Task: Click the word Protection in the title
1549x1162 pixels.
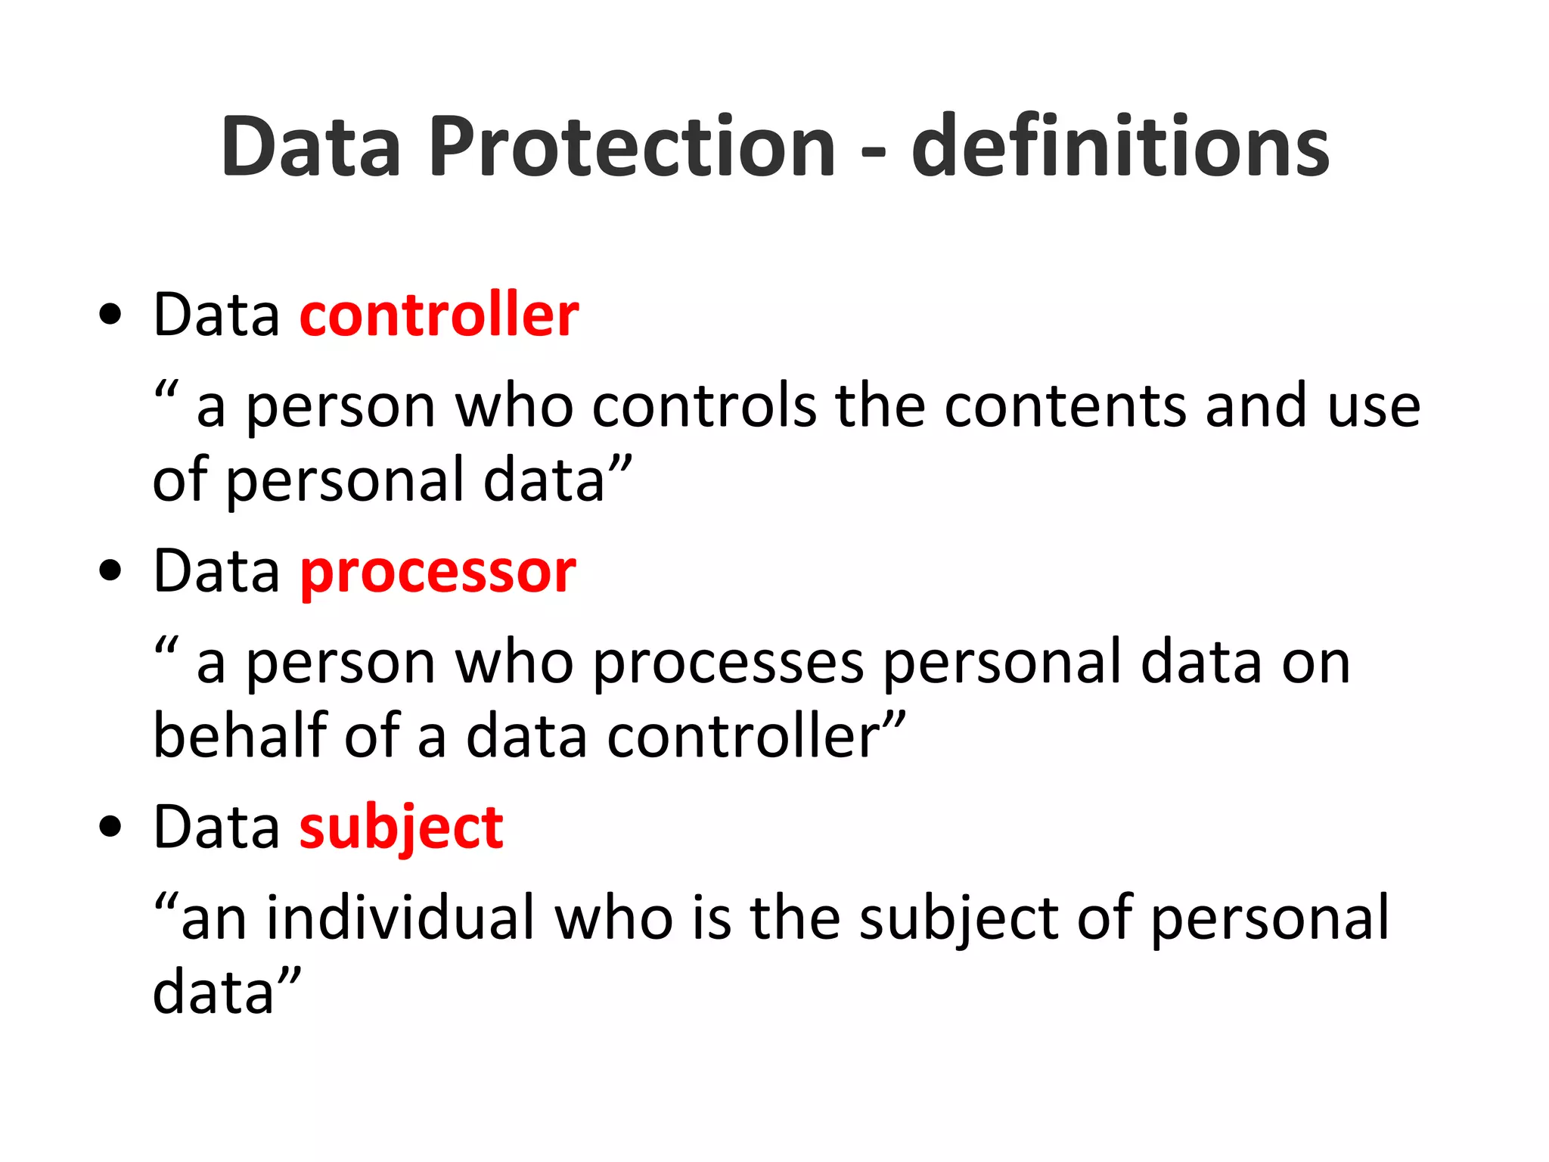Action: click(632, 147)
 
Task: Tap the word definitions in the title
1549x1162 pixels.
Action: click(1120, 147)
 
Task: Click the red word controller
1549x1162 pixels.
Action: click(439, 314)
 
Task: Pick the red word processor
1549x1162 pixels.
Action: click(438, 573)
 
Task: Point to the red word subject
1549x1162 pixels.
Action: click(402, 828)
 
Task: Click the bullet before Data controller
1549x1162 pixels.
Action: click(110, 315)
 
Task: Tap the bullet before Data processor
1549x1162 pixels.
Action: click(110, 572)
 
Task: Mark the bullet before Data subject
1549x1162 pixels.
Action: click(110, 828)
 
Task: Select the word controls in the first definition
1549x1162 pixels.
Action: click(704, 406)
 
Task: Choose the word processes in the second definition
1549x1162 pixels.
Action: click(728, 663)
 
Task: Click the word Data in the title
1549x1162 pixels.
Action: click(310, 147)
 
